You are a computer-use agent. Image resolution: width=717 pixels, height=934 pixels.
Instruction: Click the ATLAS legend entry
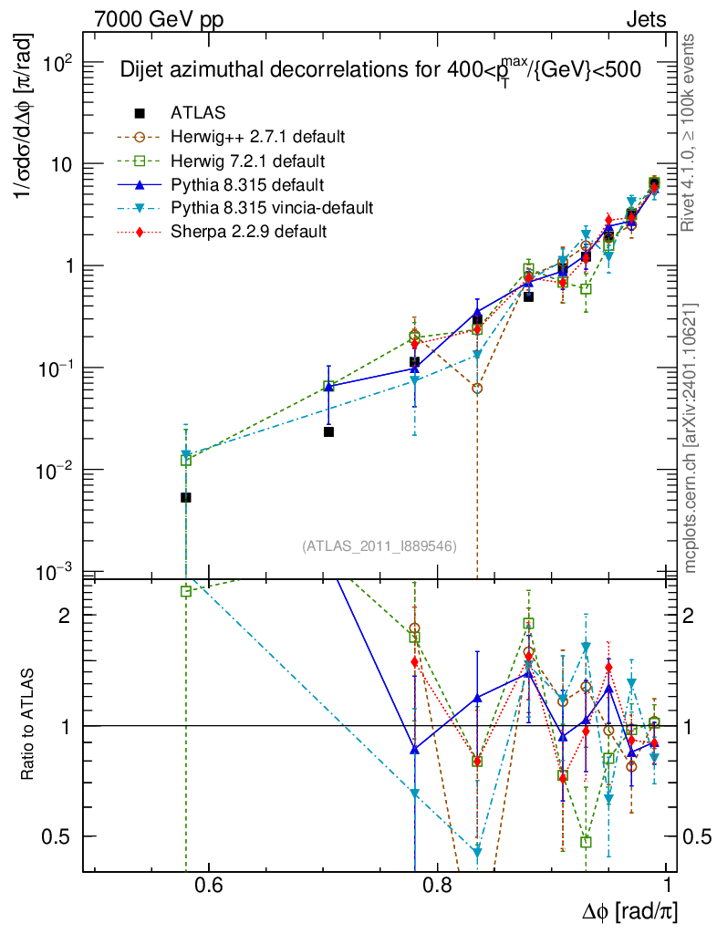click(198, 113)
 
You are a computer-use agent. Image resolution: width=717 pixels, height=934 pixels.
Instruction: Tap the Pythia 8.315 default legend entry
click(244, 184)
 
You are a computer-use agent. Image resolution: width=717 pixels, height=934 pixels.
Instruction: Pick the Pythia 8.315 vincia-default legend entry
click(272, 208)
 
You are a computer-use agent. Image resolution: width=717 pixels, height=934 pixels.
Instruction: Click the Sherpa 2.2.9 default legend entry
click(248, 232)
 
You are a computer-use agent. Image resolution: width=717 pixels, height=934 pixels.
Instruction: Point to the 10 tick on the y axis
click(63, 164)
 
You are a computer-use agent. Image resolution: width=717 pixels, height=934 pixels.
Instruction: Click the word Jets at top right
click(645, 19)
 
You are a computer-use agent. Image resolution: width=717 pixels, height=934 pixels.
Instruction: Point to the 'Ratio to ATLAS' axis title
click(29, 725)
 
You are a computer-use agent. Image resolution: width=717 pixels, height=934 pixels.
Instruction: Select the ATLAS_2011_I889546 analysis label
click(379, 546)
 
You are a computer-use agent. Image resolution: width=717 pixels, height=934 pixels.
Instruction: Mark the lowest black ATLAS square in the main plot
click(186, 498)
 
